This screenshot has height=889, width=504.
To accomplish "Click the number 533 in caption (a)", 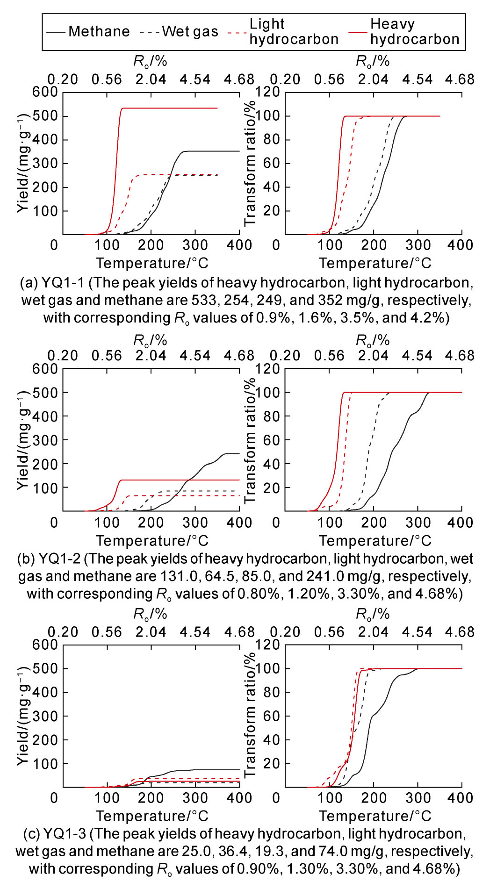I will tap(203, 300).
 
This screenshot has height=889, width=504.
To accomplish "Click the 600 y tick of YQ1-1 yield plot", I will tap(45, 92).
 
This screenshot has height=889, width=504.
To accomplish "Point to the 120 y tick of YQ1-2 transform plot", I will tap(267, 369).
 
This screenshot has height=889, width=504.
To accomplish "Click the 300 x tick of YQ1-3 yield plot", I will tap(195, 798).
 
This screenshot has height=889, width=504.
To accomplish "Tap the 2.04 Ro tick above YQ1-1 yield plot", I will tap(151, 79).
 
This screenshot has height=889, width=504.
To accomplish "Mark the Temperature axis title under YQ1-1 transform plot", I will tap(375, 263).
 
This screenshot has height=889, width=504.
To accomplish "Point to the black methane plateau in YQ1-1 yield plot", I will tap(210, 151).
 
